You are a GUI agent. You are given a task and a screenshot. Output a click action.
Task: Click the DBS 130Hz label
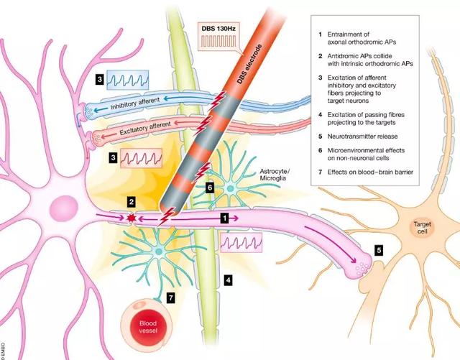pyautogui.click(x=218, y=29)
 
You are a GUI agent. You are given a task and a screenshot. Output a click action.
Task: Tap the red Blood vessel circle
pyautogui.click(x=149, y=327)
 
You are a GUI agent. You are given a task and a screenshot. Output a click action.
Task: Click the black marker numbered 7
pyautogui.click(x=171, y=298)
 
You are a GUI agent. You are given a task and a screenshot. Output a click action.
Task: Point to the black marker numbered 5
pyautogui.click(x=379, y=250)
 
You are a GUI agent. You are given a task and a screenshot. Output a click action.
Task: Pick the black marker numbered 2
pyautogui.click(x=132, y=202)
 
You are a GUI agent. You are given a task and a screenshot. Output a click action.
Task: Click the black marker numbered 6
pyautogui.click(x=210, y=188)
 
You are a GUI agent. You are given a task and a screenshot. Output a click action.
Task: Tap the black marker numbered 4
pyautogui.click(x=229, y=280)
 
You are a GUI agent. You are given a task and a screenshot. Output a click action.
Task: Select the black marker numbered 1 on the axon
pyautogui.click(x=225, y=218)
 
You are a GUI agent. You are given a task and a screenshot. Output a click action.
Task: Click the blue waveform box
pyautogui.click(x=128, y=80)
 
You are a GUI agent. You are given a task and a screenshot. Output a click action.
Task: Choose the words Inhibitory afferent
pyautogui.click(x=135, y=103)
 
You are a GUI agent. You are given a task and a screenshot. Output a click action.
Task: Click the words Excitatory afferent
pyautogui.click(x=145, y=128)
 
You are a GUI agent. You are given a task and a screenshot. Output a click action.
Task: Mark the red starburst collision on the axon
pyautogui.click(x=131, y=218)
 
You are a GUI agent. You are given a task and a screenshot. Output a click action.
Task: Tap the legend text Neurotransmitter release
pyautogui.click(x=362, y=137)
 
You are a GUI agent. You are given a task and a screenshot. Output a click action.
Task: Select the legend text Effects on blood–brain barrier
pyautogui.click(x=370, y=172)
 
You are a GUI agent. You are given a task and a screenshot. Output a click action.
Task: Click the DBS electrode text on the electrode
pyautogui.click(x=249, y=64)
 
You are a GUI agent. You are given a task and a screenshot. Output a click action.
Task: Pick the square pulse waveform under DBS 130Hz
pyautogui.click(x=218, y=42)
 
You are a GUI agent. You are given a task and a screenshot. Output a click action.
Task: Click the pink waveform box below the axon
pyautogui.click(x=241, y=242)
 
